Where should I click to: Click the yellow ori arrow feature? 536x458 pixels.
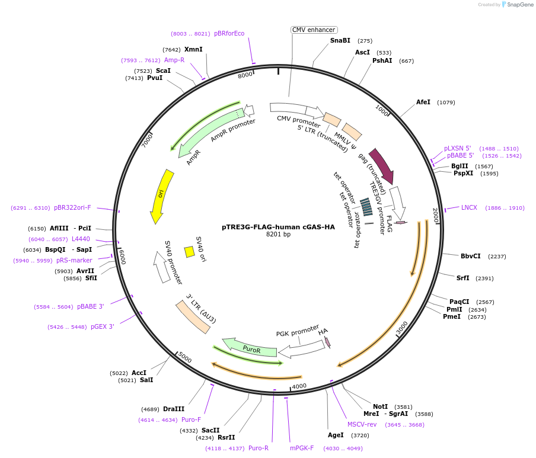[160, 196]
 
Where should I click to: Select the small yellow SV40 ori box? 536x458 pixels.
[190, 252]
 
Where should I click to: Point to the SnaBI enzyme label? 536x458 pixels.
[340, 41]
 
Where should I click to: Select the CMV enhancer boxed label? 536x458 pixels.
[314, 30]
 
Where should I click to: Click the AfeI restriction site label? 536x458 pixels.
[423, 103]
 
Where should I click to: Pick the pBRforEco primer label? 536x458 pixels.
[229, 33]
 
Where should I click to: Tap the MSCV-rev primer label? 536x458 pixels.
[362, 424]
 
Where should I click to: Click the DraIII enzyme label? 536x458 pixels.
[174, 409]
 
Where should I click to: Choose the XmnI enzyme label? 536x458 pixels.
[193, 49]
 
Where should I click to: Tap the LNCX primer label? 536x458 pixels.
[469, 207]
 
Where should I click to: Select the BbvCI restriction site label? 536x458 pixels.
[470, 256]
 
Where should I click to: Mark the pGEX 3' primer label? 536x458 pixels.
[103, 326]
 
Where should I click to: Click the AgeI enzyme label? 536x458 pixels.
[336, 435]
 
